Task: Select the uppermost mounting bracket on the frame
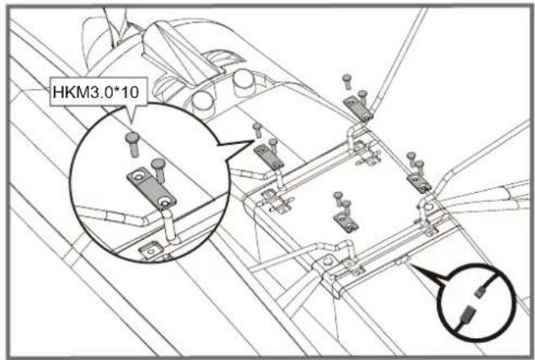357,102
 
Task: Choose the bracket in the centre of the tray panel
344,219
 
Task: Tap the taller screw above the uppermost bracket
346,80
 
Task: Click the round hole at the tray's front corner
327,264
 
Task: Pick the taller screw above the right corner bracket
411,158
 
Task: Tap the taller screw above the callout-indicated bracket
258,128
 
